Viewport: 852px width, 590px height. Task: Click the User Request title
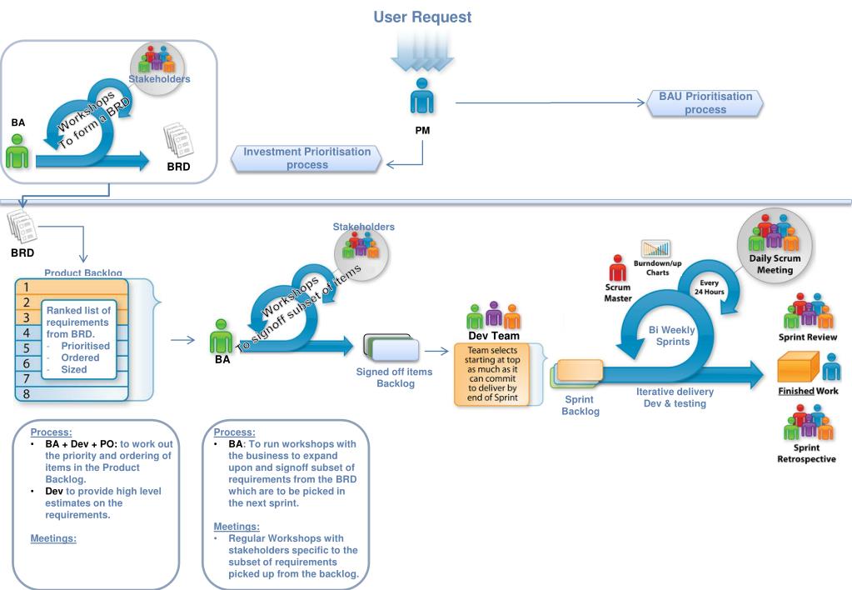click(422, 17)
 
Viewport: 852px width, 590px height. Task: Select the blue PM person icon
click(421, 96)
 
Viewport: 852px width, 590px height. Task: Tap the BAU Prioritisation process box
click(705, 102)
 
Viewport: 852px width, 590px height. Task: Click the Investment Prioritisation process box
click(307, 158)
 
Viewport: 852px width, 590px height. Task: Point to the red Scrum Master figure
click(617, 267)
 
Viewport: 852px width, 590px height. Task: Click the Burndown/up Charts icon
click(655, 248)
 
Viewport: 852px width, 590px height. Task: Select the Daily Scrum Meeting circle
click(775, 246)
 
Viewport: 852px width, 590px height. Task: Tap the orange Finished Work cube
click(798, 367)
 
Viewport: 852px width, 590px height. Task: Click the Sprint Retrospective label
click(806, 453)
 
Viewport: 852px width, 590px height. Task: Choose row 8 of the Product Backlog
click(72, 393)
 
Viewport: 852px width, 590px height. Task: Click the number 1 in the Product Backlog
click(26, 287)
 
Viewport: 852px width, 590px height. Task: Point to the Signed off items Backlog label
click(395, 377)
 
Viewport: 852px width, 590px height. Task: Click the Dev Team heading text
click(494, 336)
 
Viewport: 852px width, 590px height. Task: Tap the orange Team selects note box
click(492, 374)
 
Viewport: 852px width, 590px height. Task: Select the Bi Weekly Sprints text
click(672, 336)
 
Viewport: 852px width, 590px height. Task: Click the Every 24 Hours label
click(709, 287)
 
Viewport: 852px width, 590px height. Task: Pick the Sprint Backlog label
click(580, 405)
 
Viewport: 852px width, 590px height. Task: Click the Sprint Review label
click(808, 337)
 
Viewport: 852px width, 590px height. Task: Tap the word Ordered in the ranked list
click(80, 357)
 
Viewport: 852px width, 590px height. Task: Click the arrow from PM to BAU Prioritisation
click(550, 102)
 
